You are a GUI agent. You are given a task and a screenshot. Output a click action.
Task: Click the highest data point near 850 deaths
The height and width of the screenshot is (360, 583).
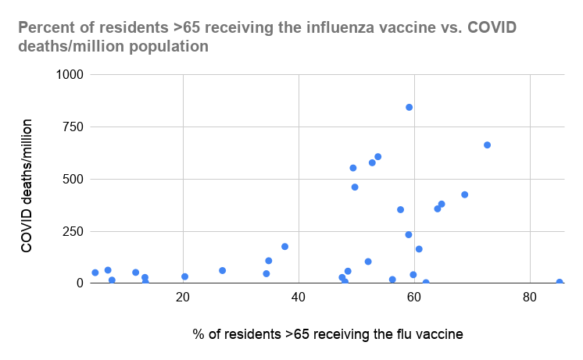click(x=409, y=107)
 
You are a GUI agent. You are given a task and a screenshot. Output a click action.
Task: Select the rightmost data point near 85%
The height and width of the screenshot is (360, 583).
click(x=560, y=282)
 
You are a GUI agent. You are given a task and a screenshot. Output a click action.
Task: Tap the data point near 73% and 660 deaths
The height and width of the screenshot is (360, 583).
click(x=487, y=145)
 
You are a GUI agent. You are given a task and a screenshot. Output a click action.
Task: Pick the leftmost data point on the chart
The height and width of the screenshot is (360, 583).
click(x=95, y=273)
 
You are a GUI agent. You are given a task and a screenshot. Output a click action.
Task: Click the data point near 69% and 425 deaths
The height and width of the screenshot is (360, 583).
click(x=464, y=194)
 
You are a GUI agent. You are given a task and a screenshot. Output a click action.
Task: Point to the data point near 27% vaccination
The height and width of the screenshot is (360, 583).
click(x=222, y=270)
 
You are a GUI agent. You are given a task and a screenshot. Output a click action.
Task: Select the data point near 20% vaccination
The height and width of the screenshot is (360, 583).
click(x=184, y=276)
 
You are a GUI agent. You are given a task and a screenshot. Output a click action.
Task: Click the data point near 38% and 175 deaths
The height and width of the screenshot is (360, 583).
click(x=284, y=247)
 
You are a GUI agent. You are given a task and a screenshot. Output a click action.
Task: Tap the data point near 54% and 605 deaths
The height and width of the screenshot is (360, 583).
click(x=377, y=157)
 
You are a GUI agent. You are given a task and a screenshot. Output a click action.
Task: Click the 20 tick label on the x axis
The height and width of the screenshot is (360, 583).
click(x=183, y=297)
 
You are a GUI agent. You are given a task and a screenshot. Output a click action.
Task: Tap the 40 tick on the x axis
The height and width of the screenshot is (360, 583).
click(x=299, y=297)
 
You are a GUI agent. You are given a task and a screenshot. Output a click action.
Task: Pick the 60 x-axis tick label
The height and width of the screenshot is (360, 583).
click(x=414, y=297)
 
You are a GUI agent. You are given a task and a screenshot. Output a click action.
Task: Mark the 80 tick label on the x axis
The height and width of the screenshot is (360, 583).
click(x=530, y=297)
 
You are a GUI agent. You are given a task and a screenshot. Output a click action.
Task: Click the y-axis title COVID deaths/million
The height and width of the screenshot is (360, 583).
click(x=27, y=186)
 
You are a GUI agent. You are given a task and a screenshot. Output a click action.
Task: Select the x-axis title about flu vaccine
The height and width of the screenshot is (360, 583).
click(x=327, y=334)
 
